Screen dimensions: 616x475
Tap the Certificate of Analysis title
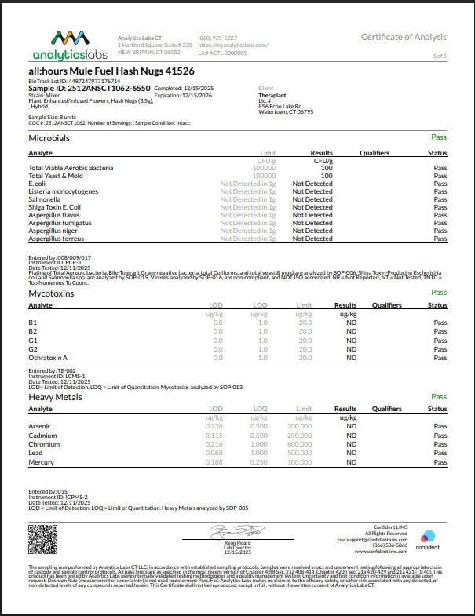pyautogui.click(x=404, y=37)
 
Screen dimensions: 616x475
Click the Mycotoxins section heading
pyautogui.click(x=52, y=293)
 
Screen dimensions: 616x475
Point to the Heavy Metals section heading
pyautogui.click(x=56, y=398)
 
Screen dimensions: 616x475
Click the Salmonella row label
pyautogui.click(x=46, y=199)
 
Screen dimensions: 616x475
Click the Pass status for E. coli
pyautogui.click(x=440, y=184)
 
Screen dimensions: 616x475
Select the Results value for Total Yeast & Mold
pyautogui.click(x=326, y=176)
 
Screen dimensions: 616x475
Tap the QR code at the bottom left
pyautogui.click(x=44, y=538)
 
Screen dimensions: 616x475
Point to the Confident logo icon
pyautogui.click(x=427, y=537)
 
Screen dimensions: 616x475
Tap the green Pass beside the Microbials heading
pyautogui.click(x=439, y=137)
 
